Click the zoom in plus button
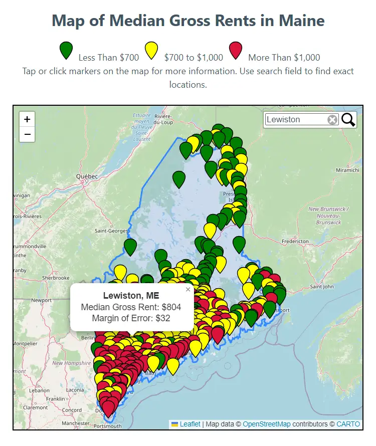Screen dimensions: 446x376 [x=27, y=119]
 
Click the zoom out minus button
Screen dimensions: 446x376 [x=27, y=134]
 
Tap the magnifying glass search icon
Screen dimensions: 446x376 [x=348, y=120]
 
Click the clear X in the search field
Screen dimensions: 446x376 [x=332, y=120]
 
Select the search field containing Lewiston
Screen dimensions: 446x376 [x=296, y=120]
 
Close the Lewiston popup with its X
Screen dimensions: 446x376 [x=188, y=289]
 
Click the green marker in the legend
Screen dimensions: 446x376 [x=67, y=51]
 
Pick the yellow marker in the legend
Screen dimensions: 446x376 [x=152, y=51]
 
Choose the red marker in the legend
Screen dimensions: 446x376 [x=236, y=51]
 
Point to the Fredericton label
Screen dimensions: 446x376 [x=295, y=242]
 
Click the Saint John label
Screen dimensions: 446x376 [x=322, y=287]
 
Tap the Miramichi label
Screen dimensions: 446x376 [x=347, y=170]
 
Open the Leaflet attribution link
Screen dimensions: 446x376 [x=190, y=424]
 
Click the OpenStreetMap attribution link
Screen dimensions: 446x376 [x=267, y=424]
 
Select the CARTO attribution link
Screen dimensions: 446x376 [x=348, y=424]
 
